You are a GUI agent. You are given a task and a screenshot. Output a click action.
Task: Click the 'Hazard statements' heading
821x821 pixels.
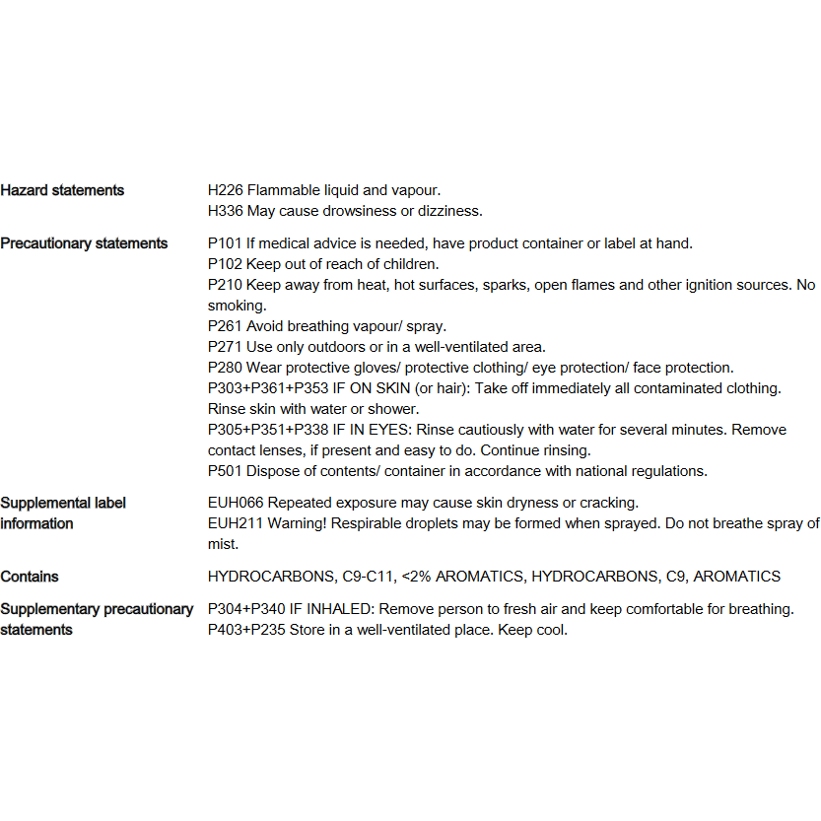(62, 190)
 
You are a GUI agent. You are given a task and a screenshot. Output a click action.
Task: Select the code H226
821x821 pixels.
(225, 190)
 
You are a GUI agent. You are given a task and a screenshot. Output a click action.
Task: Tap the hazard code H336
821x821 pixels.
(225, 211)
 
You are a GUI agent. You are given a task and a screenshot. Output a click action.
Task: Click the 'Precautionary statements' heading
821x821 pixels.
(84, 243)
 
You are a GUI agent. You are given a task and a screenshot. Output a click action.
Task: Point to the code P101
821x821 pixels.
(225, 243)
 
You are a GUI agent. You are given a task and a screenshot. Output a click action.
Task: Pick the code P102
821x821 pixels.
(225, 264)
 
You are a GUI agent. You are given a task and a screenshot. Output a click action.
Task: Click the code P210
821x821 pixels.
(225, 285)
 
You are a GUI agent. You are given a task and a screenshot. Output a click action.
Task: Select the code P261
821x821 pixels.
(225, 326)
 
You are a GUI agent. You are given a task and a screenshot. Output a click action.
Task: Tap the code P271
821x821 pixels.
(225, 347)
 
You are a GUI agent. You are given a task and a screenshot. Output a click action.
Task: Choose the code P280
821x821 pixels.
(225, 368)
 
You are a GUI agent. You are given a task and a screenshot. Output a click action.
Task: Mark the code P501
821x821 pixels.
(225, 471)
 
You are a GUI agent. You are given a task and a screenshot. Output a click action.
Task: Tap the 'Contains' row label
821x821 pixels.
(30, 577)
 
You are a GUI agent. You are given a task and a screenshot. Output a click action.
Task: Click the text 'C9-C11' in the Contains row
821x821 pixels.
(370, 577)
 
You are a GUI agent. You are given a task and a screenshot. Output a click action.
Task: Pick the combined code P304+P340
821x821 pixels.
(246, 609)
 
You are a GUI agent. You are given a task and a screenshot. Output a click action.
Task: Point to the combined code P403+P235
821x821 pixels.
(246, 630)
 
